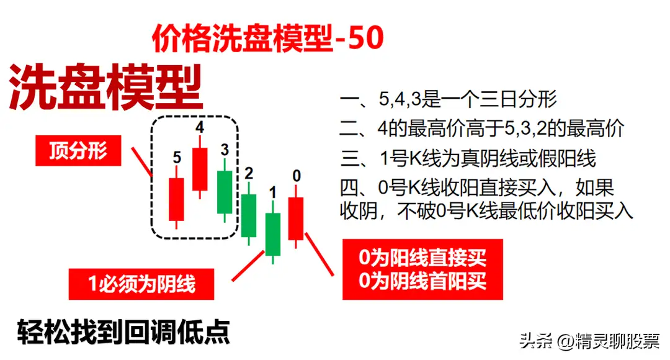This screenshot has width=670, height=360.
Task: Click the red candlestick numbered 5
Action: pos(176,199)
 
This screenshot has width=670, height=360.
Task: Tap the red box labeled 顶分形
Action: pos(78,150)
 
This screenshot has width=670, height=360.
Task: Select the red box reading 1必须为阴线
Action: pos(141,284)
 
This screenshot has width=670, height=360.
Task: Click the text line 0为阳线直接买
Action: pos(422,258)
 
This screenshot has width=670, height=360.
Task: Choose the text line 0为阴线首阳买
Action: pos(422,281)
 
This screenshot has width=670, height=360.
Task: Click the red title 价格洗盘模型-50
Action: pos(268,38)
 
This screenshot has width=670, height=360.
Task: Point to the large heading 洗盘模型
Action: pos(105,87)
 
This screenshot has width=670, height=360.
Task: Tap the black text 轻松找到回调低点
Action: pos(123,332)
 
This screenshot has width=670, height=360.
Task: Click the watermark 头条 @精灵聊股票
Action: pos(590,341)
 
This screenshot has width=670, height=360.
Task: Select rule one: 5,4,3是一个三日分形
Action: pos(449,99)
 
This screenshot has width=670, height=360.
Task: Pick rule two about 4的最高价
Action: pos(482,128)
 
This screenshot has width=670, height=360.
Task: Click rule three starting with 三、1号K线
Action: pos(468,159)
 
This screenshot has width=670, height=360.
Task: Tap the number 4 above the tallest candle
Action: pos(200,127)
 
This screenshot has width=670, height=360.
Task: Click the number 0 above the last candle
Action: pos(297,176)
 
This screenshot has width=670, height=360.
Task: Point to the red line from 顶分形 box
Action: pos(141,162)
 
